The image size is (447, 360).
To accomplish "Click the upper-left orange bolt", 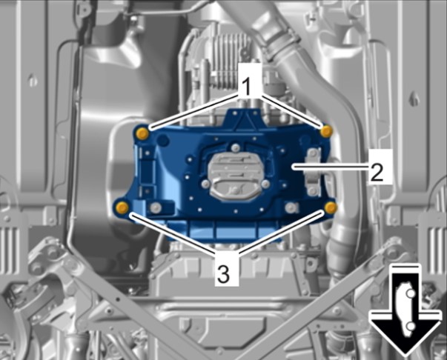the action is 142,133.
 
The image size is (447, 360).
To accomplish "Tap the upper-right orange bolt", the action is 326,131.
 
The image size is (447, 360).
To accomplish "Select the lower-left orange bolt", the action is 122,207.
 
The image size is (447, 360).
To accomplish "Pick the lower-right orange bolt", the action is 331,207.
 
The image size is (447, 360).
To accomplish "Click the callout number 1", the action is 247,87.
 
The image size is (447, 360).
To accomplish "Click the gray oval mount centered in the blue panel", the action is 235,176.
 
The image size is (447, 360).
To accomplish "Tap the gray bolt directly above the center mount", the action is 235,147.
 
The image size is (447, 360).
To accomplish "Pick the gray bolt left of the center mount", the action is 205,184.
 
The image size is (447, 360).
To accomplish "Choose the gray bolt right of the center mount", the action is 265,184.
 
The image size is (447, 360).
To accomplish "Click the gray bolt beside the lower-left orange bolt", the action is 156,208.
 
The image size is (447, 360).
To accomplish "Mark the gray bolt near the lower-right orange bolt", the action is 290,207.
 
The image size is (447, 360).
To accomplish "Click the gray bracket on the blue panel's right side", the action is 314,172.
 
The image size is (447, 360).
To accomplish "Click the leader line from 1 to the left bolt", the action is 195,113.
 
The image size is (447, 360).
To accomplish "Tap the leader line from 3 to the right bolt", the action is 282,233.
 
